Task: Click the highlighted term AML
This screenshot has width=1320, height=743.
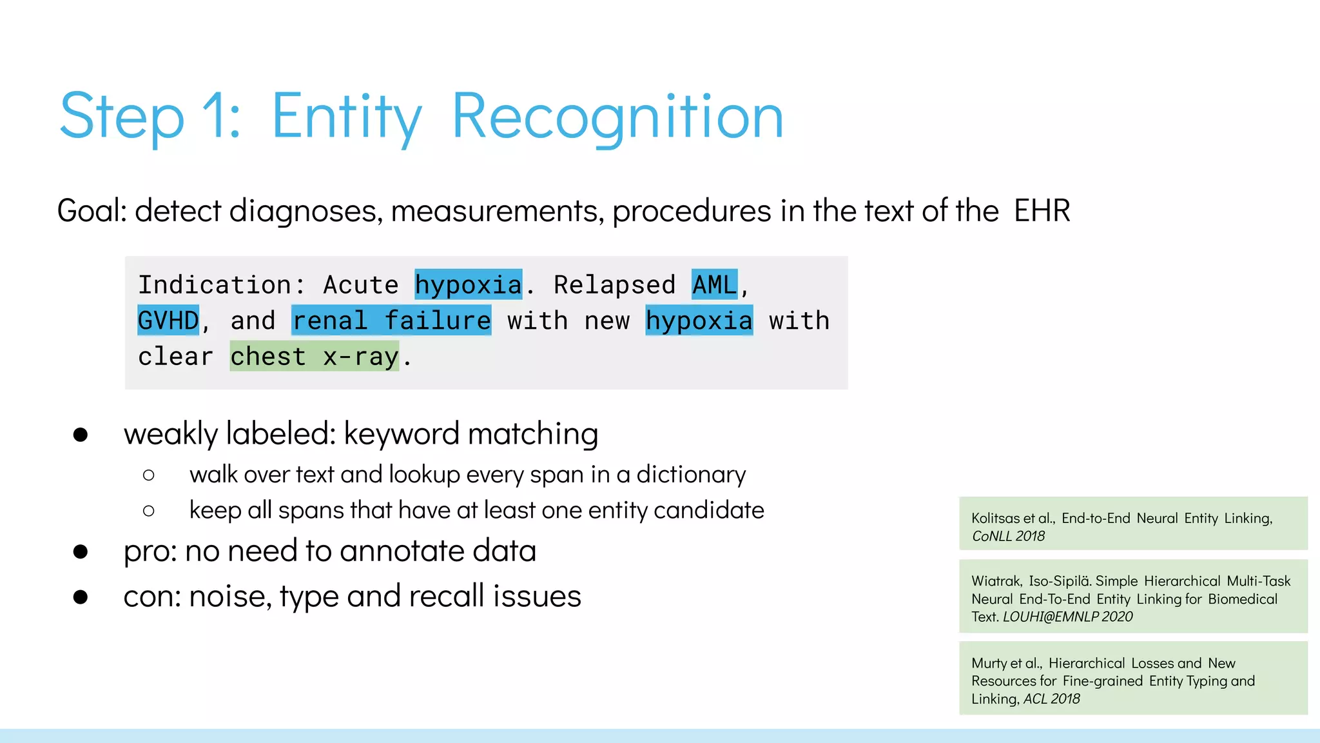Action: coord(714,284)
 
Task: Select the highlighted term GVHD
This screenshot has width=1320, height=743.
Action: coord(168,321)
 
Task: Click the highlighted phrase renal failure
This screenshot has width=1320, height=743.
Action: coord(391,321)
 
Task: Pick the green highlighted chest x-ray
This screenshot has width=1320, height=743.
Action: coord(315,357)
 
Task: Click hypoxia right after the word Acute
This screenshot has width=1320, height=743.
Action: coord(468,284)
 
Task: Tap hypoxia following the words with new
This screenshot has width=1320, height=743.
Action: coord(699,321)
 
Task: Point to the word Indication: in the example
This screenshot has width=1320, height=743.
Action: coord(222,284)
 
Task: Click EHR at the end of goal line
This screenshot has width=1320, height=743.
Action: coord(1042,211)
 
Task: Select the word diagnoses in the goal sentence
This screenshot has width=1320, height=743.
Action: coord(306,211)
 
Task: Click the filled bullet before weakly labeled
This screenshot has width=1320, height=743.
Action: coord(81,435)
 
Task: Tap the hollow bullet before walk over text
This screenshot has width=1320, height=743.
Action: coord(149,475)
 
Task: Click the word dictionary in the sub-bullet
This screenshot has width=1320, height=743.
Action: coord(691,475)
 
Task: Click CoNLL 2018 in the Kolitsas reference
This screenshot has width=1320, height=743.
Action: coord(1008,536)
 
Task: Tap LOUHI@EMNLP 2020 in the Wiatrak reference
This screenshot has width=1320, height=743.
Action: coord(1067,617)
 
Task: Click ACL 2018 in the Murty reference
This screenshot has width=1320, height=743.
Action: coord(1051,698)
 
